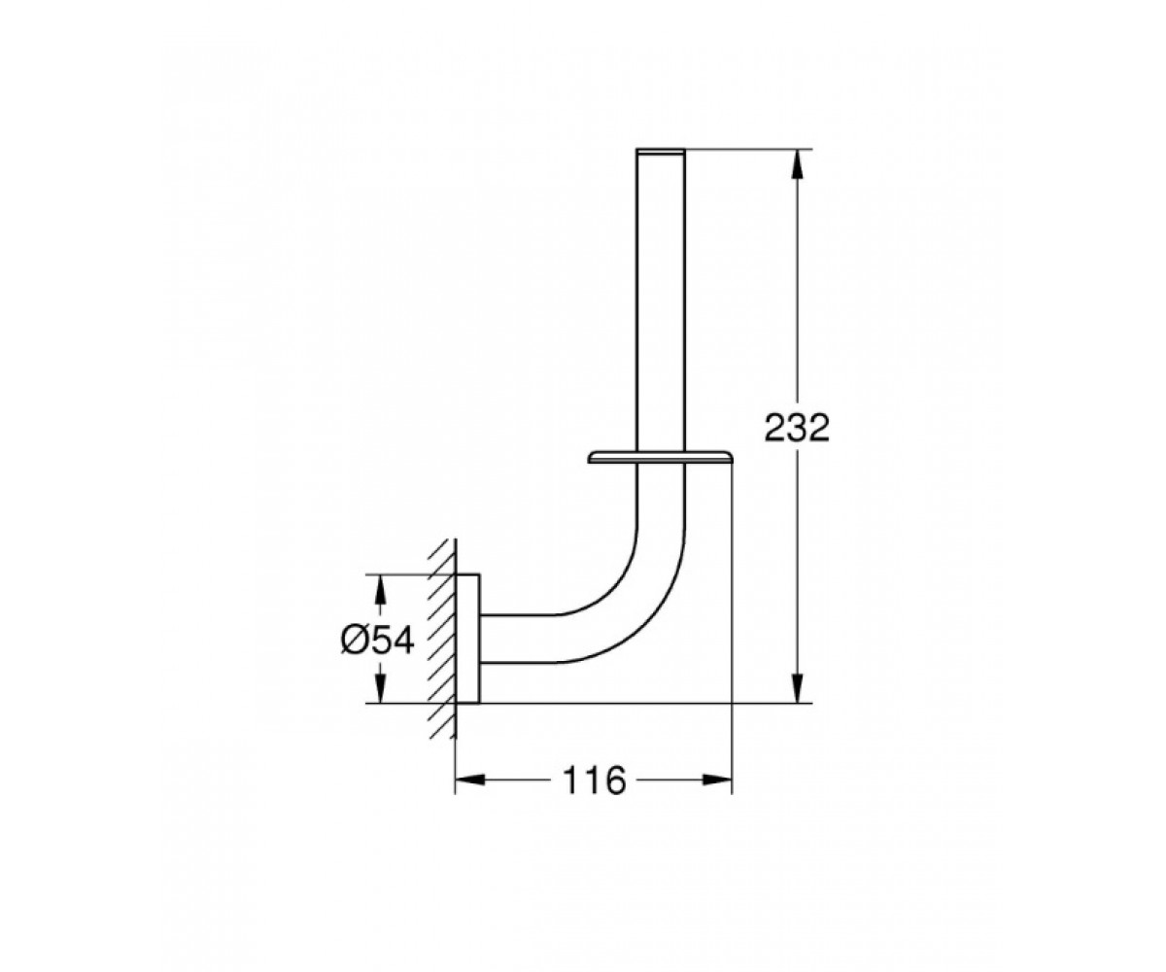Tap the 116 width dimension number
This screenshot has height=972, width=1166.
[x=594, y=781]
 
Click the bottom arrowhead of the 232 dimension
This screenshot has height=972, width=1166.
[x=798, y=687]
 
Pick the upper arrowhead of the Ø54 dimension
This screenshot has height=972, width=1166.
[x=380, y=588]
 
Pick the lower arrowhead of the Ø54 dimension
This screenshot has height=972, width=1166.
[x=380, y=687]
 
